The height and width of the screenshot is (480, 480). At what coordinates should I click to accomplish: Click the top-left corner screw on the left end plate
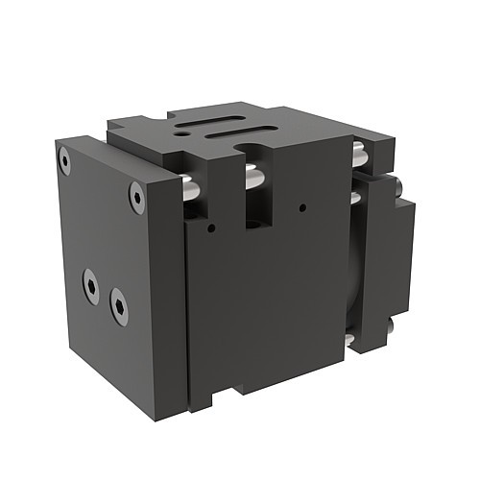tap(64, 160)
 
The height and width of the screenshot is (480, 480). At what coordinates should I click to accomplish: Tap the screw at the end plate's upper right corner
tap(136, 198)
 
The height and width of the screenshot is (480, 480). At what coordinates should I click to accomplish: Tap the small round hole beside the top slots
tap(182, 138)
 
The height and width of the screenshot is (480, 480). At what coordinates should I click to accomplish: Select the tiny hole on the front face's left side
tap(211, 228)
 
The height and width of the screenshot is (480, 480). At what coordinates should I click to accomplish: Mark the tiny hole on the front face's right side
tap(301, 206)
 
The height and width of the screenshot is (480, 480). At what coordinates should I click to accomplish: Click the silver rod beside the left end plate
tap(191, 189)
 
